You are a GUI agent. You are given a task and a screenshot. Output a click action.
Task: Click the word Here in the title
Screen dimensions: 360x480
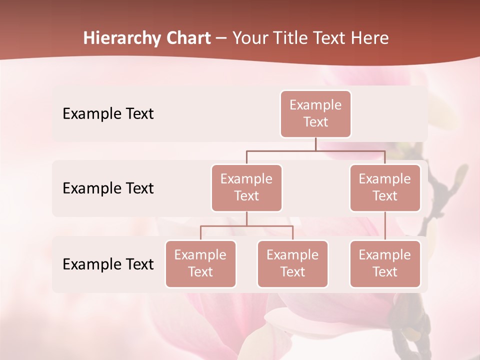coord(368,38)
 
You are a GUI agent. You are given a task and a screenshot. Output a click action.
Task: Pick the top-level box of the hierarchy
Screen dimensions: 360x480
coord(315,113)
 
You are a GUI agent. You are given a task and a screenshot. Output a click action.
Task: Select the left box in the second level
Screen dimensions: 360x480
coord(246,187)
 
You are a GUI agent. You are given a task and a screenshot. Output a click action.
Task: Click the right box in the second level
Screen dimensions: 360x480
coord(385,187)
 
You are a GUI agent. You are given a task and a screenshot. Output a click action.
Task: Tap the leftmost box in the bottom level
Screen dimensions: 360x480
coord(200,263)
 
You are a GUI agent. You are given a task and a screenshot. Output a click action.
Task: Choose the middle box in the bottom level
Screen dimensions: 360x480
coord(292,263)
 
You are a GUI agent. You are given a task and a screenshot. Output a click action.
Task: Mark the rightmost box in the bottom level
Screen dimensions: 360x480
coord(385,263)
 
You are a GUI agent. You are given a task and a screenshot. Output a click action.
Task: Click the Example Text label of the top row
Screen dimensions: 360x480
coord(108,114)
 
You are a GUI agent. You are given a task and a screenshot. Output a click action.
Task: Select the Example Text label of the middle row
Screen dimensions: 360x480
coord(108,188)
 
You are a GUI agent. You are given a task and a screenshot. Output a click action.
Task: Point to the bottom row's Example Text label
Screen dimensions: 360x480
coord(108,264)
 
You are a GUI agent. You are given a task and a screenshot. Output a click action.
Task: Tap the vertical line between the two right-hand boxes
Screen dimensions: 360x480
coord(385,226)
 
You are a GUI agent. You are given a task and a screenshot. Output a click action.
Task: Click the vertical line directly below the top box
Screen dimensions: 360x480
coord(315,144)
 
